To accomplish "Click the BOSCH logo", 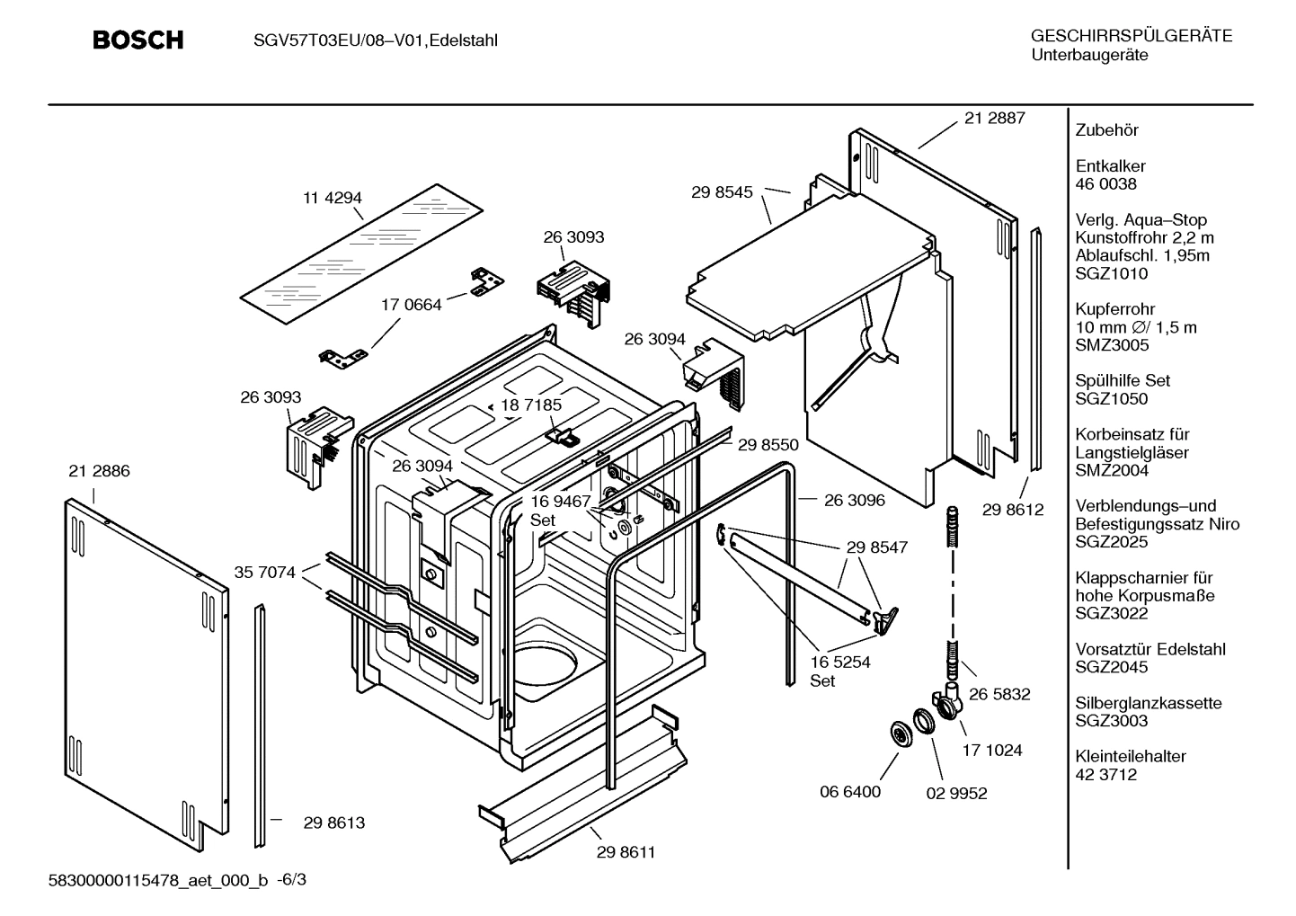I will coord(138,40).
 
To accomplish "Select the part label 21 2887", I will coord(994,118).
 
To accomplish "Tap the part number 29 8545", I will coord(722,191).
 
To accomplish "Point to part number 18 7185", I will coord(531,405).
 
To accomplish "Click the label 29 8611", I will coord(626,852).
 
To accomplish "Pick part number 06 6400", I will coord(850,792).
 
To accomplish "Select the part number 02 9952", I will coord(956,793).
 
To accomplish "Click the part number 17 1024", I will coord(992,750).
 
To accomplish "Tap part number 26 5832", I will coord(999,694).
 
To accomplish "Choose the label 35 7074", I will coord(264,572).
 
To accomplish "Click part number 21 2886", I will coord(99,471).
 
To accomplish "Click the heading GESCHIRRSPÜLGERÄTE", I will coord(1131,37).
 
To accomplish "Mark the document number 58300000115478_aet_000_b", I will coord(157,880).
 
